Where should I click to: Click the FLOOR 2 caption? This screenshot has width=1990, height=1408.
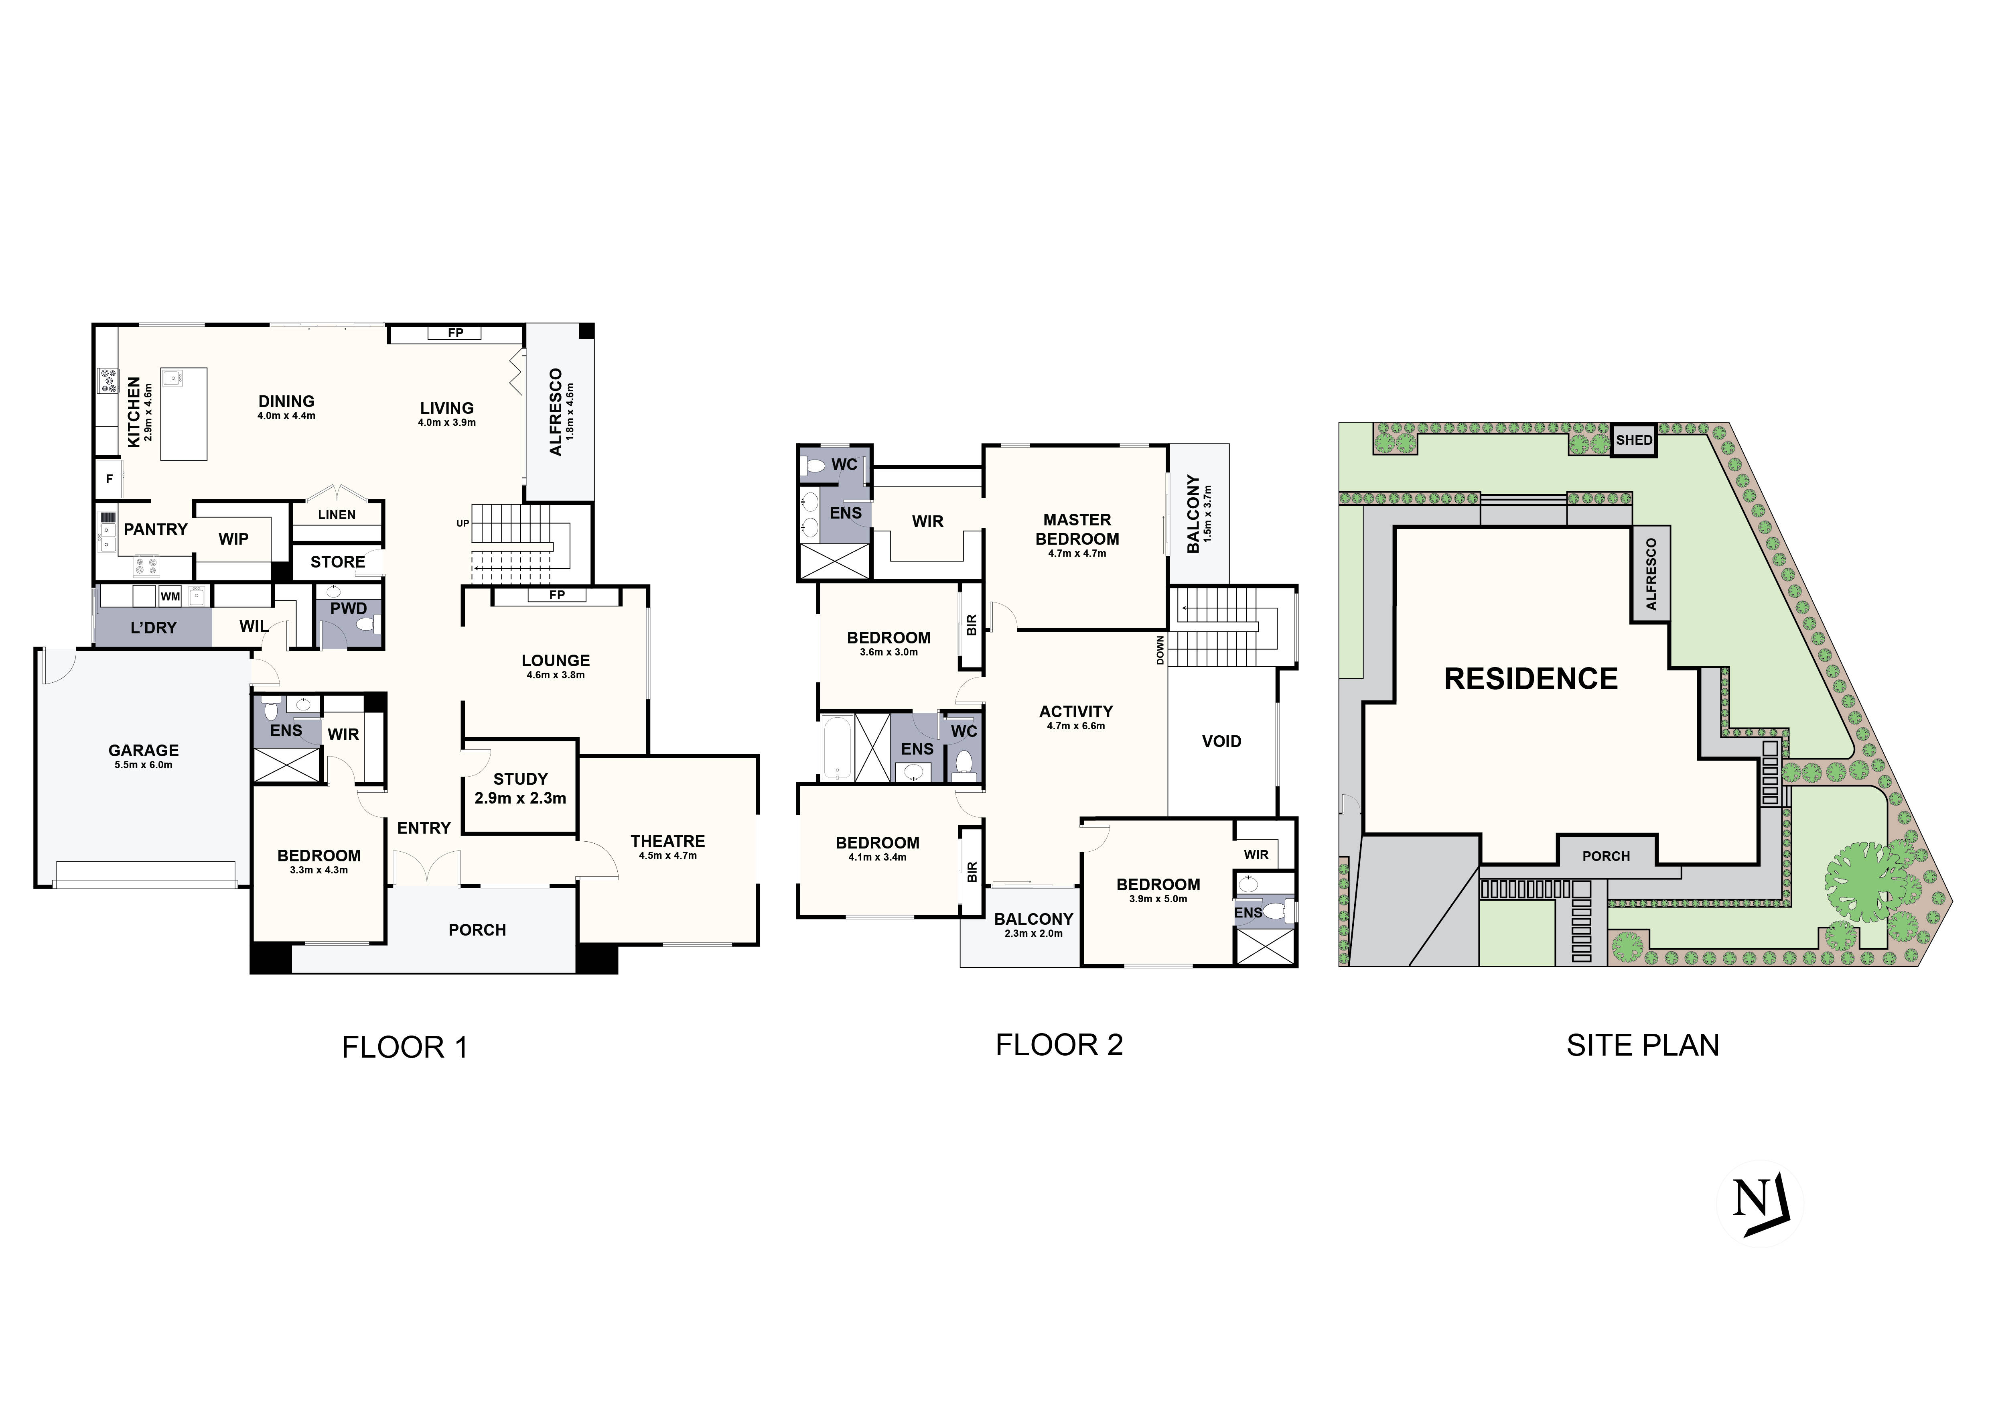(x=1059, y=1045)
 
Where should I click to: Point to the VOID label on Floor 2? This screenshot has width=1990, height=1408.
(x=1221, y=741)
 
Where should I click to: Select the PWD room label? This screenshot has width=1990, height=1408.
(x=349, y=608)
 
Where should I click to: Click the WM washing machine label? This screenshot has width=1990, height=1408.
(x=170, y=596)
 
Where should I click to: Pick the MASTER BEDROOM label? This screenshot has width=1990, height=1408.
(x=1077, y=529)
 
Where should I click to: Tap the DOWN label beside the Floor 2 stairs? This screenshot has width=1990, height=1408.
(x=1160, y=650)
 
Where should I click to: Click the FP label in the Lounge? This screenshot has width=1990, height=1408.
(x=556, y=595)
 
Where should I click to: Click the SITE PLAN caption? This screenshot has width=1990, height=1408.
(x=1643, y=1046)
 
